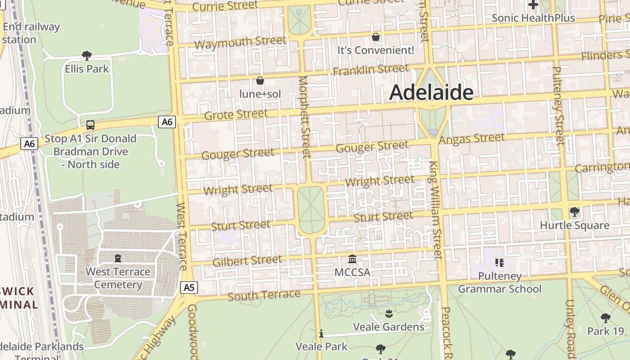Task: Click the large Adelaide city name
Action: [431, 93]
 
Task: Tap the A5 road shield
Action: [189, 287]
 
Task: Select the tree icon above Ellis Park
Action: [87, 56]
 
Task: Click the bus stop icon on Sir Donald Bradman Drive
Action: [90, 125]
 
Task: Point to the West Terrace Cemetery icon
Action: [118, 258]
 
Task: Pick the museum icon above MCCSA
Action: [352, 259]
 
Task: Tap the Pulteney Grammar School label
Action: [499, 282]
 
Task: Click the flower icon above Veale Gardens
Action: [389, 313]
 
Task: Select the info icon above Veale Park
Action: [321, 333]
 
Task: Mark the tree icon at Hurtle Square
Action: [574, 211]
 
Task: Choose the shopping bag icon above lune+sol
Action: [260, 81]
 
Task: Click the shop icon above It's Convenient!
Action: [376, 37]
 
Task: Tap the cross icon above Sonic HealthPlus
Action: [533, 5]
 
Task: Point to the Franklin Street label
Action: [371, 70]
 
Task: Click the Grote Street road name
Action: [236, 114]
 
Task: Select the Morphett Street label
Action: [305, 117]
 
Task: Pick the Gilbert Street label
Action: [247, 261]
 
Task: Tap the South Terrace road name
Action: [264, 295]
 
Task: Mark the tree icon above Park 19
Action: [606, 318]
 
